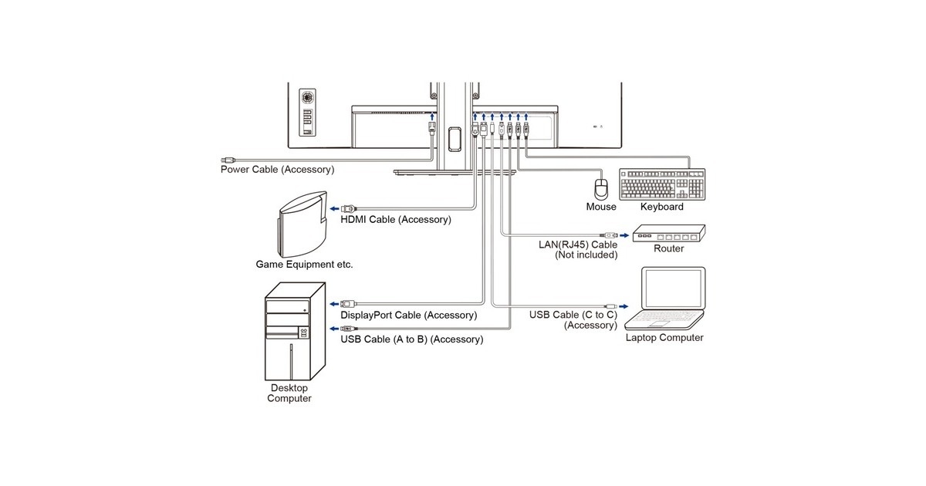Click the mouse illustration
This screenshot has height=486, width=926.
(601, 189)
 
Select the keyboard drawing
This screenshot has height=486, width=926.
(662, 184)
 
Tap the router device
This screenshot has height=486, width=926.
(669, 234)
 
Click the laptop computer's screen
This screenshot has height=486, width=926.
(674, 288)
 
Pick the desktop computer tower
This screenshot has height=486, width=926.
(295, 332)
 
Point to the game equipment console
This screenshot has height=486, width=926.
(303, 224)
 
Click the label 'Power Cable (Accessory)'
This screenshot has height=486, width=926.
(277, 170)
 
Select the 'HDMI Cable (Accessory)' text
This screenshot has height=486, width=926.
(396, 219)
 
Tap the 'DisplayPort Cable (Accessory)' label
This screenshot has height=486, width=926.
(408, 316)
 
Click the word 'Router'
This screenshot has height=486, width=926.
(668, 248)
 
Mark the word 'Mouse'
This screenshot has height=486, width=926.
(601, 207)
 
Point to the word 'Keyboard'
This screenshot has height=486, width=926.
(662, 207)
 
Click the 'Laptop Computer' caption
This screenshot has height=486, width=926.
(664, 338)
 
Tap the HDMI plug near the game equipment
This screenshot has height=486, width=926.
(349, 209)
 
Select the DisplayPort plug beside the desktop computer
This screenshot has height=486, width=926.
(349, 304)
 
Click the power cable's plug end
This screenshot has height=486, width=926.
(228, 160)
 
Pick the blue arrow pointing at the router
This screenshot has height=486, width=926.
(624, 235)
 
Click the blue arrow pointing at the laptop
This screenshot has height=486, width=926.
(624, 307)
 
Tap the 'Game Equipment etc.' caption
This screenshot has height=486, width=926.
(304, 265)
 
